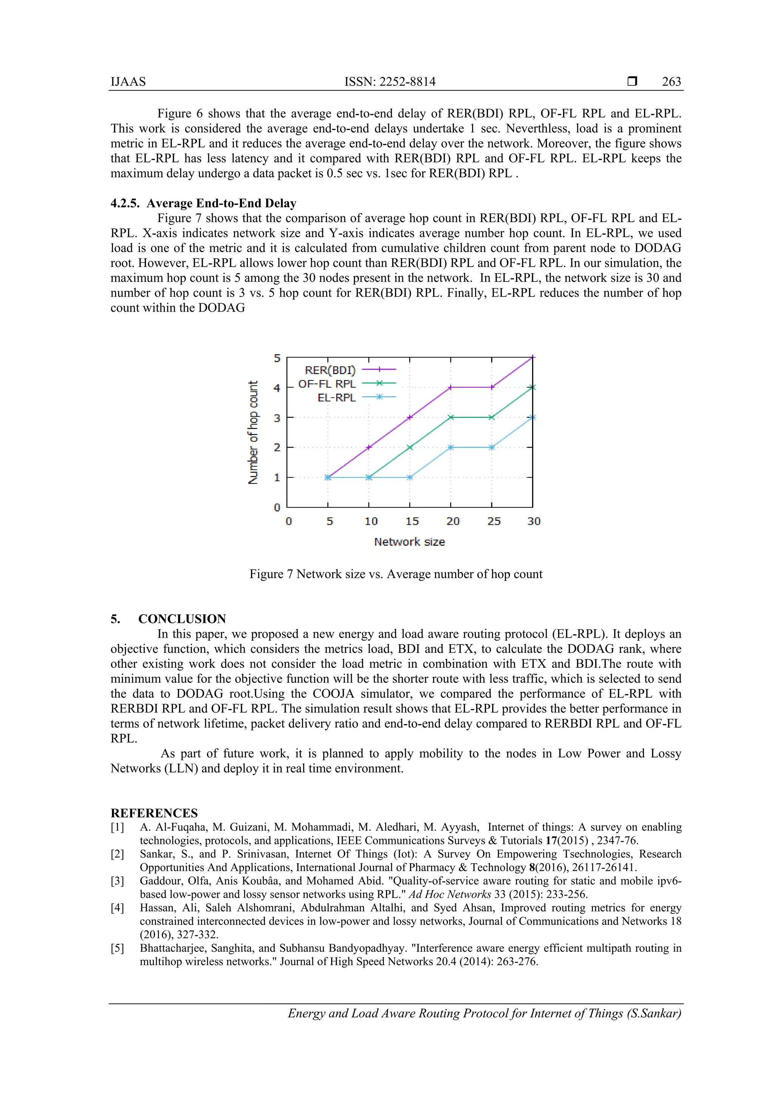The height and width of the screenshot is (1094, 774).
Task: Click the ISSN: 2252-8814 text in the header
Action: [390, 82]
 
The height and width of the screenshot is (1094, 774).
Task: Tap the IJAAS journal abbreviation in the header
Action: [128, 82]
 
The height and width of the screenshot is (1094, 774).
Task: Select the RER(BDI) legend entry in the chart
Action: [330, 370]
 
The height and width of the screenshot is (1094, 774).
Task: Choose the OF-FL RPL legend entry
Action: [327, 383]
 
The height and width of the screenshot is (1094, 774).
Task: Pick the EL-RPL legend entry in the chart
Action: [336, 397]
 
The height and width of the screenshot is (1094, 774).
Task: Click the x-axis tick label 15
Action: [412, 521]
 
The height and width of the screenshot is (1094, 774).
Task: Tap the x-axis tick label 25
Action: [494, 521]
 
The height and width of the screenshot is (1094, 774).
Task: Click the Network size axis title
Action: [409, 542]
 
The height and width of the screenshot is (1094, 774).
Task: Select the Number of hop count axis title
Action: [253, 432]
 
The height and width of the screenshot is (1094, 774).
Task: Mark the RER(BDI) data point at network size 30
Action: [533, 357]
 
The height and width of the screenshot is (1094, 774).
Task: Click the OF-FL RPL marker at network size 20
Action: [451, 417]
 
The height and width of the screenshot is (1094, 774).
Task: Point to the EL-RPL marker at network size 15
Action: [410, 477]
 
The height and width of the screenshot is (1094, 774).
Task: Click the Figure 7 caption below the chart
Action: [396, 574]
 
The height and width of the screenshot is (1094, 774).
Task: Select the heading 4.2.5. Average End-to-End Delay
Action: [203, 204]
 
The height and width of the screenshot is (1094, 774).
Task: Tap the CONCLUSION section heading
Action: [182, 619]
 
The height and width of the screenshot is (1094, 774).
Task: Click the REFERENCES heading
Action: [154, 813]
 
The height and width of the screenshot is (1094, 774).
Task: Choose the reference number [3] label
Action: [117, 881]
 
